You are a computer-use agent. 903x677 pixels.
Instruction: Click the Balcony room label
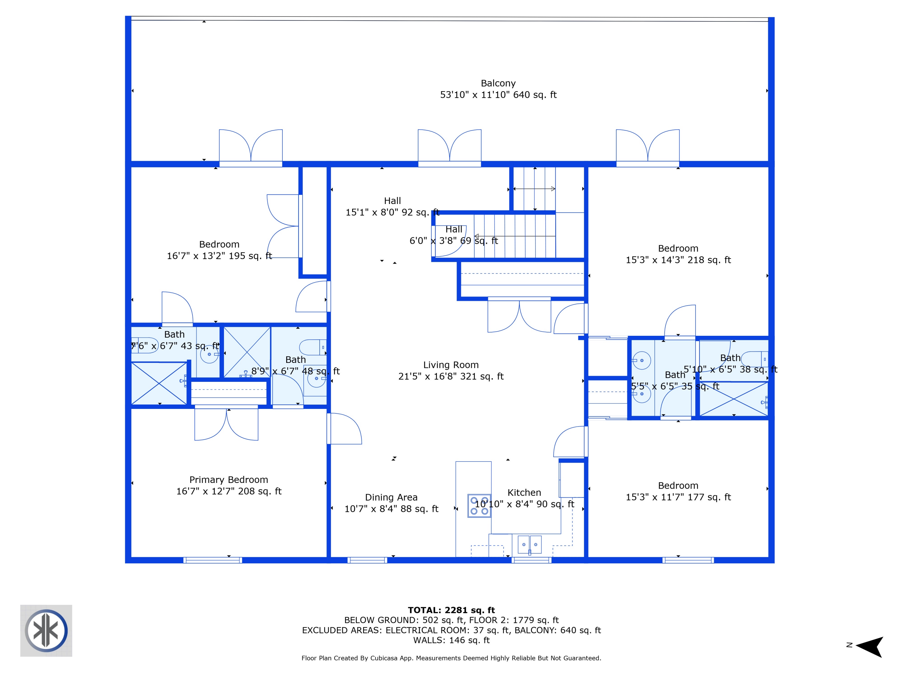498,83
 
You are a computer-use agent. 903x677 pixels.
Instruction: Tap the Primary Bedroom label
228,480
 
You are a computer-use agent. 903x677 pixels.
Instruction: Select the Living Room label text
451,365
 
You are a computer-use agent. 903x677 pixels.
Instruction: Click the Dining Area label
391,497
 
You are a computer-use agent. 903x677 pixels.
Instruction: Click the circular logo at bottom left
46,630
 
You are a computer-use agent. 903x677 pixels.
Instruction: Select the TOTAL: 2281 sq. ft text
451,610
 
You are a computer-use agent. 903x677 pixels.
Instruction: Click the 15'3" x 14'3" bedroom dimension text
678,260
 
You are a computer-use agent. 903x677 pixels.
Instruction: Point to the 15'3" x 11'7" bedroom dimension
678,497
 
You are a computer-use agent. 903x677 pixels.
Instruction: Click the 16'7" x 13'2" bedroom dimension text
219,256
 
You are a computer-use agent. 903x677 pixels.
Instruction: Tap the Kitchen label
524,493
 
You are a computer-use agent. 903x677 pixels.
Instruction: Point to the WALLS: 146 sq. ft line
451,640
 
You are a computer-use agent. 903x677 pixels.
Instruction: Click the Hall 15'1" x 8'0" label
392,206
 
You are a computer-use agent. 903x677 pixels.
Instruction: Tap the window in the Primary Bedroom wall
212,560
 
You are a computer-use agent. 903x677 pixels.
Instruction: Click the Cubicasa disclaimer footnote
451,658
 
